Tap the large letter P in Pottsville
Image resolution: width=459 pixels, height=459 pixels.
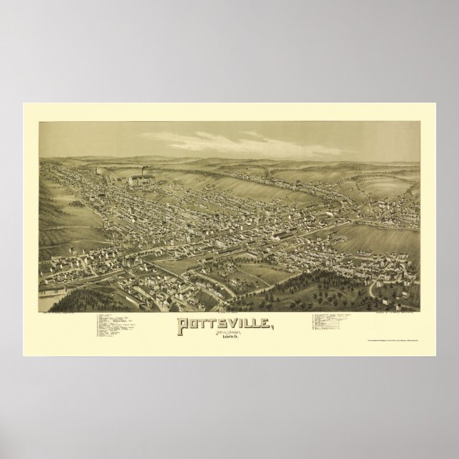[x=182, y=307]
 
